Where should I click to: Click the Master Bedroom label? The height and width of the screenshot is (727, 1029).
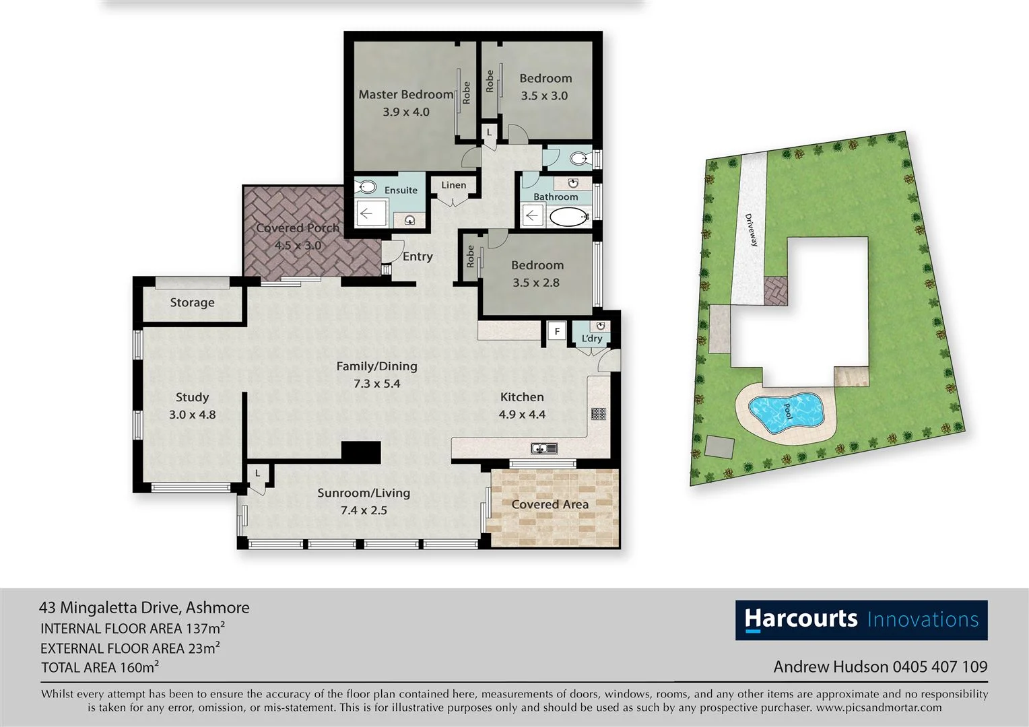pos(405,95)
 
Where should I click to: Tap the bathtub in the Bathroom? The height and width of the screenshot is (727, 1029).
pos(568,217)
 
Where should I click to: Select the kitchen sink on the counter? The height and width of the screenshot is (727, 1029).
pos(542,448)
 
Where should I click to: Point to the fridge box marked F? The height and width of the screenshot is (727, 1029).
pos(556,332)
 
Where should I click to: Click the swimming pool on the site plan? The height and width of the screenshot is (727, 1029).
pos(786,410)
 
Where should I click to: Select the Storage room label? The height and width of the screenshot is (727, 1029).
pos(192,303)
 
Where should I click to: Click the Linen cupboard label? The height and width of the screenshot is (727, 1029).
pos(453,185)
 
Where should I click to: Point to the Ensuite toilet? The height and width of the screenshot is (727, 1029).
pos(366,187)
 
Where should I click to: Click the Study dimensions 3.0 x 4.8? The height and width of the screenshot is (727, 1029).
pos(192,415)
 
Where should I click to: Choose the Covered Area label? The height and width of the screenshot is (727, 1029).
pos(550,504)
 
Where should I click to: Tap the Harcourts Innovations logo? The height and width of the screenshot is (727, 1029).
pos(861,619)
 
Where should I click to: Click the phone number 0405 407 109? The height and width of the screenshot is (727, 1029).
pos(939,666)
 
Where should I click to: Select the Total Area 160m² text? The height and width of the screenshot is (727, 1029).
pos(100,667)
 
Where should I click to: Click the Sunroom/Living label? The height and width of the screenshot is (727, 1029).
pos(364,493)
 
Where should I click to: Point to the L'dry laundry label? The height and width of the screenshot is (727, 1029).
pos(592,339)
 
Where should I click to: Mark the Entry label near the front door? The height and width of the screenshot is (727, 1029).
pos(418,256)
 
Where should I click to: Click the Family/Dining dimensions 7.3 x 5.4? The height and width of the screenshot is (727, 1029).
pos(376,384)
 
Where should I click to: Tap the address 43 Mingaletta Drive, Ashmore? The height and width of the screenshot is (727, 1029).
pos(144,607)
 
